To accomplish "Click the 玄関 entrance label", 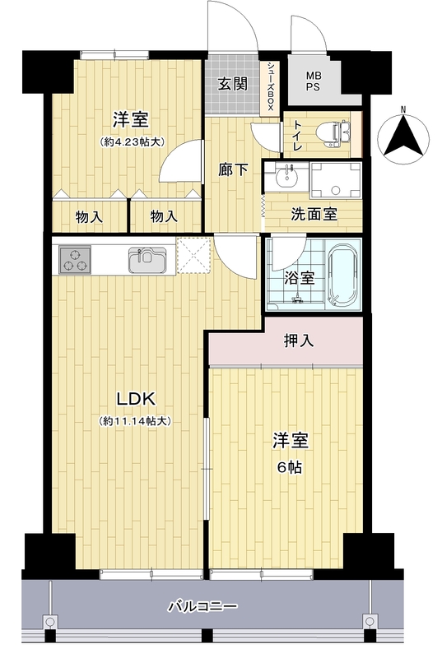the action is (x=232, y=84).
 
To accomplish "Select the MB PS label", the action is (x=314, y=81).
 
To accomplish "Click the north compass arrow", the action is (x=403, y=135).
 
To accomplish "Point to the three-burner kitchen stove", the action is (x=75, y=259).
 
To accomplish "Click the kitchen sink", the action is (x=147, y=259).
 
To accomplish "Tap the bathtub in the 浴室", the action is (x=344, y=275).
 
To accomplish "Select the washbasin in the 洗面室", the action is (x=287, y=176).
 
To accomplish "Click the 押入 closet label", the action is (x=299, y=341).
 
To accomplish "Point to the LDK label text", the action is (x=136, y=399).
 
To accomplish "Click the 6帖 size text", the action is (x=290, y=467).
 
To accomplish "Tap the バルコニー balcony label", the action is (x=203, y=606).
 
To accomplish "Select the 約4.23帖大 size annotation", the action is (x=132, y=141).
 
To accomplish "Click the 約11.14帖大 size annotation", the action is (x=134, y=421).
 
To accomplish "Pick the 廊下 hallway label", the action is (x=233, y=169).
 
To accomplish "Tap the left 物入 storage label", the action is (x=89, y=217).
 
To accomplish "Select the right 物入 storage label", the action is (x=164, y=217).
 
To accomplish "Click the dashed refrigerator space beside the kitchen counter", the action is (x=193, y=256).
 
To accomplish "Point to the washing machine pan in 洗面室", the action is (x=335, y=180).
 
